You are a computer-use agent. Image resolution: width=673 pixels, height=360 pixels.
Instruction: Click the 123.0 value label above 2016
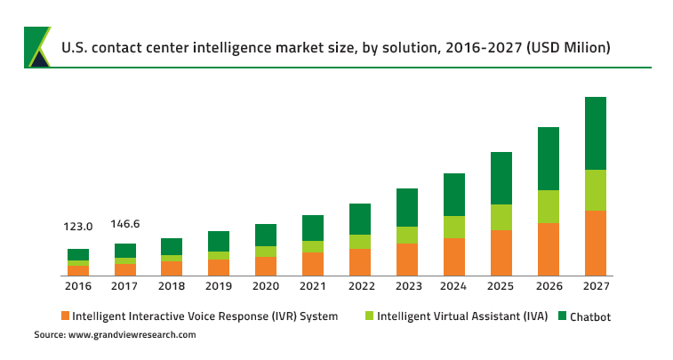point(78,227)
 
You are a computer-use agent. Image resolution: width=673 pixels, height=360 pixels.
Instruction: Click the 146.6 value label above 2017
point(125,224)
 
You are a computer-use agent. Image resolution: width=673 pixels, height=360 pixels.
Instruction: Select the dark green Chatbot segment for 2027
point(595,132)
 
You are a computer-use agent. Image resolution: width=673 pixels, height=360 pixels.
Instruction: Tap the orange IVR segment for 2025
point(501,252)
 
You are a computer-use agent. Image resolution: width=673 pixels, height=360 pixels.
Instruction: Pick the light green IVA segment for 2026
point(549,206)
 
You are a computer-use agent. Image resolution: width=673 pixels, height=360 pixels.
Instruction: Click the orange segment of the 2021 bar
point(313,264)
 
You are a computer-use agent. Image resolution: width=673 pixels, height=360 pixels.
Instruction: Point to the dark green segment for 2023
point(407,207)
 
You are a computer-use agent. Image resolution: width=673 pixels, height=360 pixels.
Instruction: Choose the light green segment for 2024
point(454,227)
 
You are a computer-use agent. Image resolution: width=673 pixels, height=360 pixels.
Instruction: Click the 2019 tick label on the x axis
point(219,286)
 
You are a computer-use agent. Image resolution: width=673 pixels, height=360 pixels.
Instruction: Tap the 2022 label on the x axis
point(360,286)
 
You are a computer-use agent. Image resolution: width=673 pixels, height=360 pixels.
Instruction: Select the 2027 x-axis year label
point(595,286)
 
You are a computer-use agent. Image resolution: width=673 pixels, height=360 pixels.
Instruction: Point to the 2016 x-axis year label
point(78,286)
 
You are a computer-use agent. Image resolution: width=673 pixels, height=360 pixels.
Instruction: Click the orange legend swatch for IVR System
point(64,316)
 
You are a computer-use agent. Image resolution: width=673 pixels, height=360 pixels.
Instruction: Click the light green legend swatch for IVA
point(369,316)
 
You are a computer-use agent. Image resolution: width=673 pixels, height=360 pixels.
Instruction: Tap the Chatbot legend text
point(590,316)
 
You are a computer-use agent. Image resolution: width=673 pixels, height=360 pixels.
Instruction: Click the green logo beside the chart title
point(37,46)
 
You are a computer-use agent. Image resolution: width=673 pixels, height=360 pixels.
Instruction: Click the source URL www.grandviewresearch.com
point(132,335)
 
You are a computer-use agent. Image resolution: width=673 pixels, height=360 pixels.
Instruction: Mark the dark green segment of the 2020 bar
point(266,235)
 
